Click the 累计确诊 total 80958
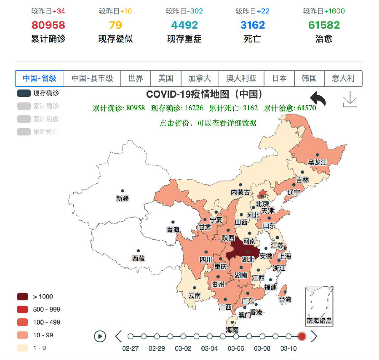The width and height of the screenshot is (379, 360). coord(48,25)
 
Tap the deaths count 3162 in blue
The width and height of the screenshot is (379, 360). coord(253,25)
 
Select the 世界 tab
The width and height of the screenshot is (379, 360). coord(136,78)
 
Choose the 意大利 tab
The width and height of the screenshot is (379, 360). coord(343,78)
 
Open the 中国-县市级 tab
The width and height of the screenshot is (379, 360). coord(92,78)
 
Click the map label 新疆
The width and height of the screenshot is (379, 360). coord(123,198)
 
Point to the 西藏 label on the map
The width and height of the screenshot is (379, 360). coord(138,258)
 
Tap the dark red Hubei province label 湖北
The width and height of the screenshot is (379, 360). coord(248,259)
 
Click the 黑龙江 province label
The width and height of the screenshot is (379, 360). coord(318,162)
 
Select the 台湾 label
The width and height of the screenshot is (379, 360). coord(285,300)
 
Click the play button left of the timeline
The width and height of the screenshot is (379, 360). coord(100,336)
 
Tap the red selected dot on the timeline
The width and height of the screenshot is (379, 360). coord(302,336)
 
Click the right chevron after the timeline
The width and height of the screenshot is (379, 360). coord(314,336)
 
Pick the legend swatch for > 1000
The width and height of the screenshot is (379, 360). coord(23,296)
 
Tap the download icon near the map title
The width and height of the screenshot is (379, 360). coord(350,99)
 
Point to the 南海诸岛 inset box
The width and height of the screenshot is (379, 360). coord(319,306)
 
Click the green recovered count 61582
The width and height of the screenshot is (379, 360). coord(324,25)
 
